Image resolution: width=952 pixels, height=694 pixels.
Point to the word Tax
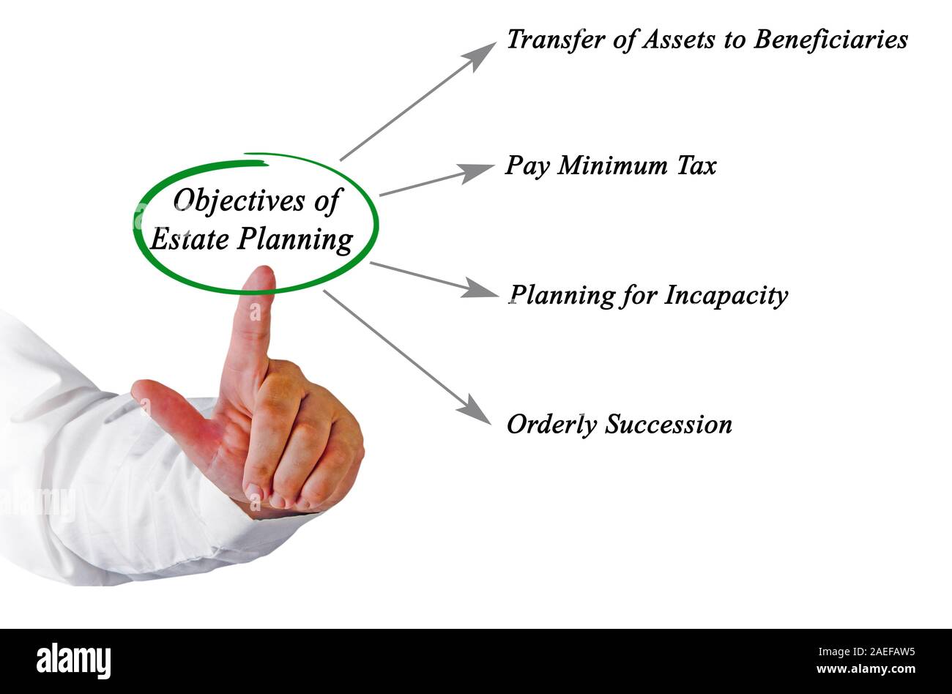point(696,166)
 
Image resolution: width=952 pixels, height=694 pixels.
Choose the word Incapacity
point(726,296)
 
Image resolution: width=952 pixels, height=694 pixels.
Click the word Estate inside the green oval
point(187,239)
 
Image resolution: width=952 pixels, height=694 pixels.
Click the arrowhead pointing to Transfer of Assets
point(483,53)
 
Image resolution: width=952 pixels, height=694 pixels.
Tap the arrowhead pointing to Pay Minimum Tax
point(479,171)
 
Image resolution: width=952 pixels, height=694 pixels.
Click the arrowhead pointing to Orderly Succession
point(478,411)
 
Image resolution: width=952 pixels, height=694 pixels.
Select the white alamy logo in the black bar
point(74,660)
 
